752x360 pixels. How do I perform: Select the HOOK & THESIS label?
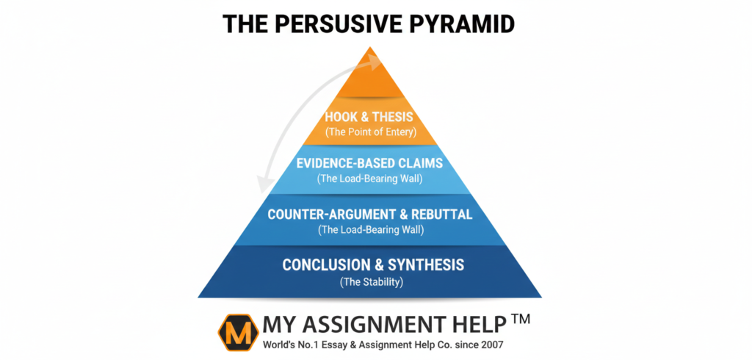369,116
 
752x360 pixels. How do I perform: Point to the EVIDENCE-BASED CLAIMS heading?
370,163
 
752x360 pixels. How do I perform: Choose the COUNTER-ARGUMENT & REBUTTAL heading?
370,215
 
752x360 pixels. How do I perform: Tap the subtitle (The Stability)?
370,281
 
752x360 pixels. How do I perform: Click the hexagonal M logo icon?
237,331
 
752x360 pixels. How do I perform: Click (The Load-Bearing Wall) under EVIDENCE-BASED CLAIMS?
370,179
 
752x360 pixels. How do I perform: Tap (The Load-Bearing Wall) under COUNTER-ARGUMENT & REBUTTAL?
370,230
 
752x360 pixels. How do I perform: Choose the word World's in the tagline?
281,343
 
